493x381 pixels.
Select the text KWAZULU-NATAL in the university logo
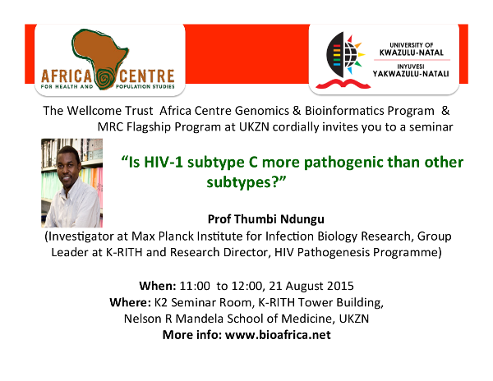coord(412,53)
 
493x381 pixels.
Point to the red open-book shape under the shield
coord(343,84)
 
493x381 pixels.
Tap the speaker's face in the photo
coord(68,166)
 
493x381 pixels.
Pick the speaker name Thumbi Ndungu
coord(279,219)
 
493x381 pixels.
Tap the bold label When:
coord(158,286)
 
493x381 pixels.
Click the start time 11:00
coord(195,286)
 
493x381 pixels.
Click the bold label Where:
coord(130,302)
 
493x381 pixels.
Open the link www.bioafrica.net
coord(278,335)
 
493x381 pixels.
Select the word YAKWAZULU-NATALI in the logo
coord(411,74)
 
